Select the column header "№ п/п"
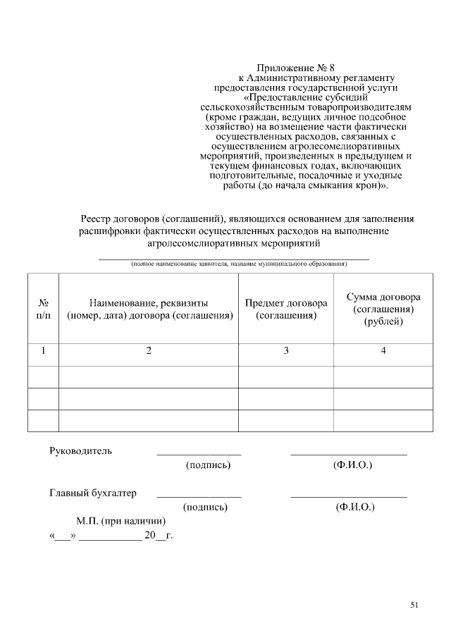[43, 309]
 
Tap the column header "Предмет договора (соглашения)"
[286, 309]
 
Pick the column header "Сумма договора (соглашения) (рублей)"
[383, 309]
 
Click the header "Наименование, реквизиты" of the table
[149, 302]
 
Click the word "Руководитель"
[80, 450]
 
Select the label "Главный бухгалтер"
[93, 493]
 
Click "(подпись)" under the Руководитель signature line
[208, 465]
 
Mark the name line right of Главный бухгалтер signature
[349, 496]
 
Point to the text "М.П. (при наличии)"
[121, 521]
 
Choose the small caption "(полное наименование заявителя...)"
[239, 264]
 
